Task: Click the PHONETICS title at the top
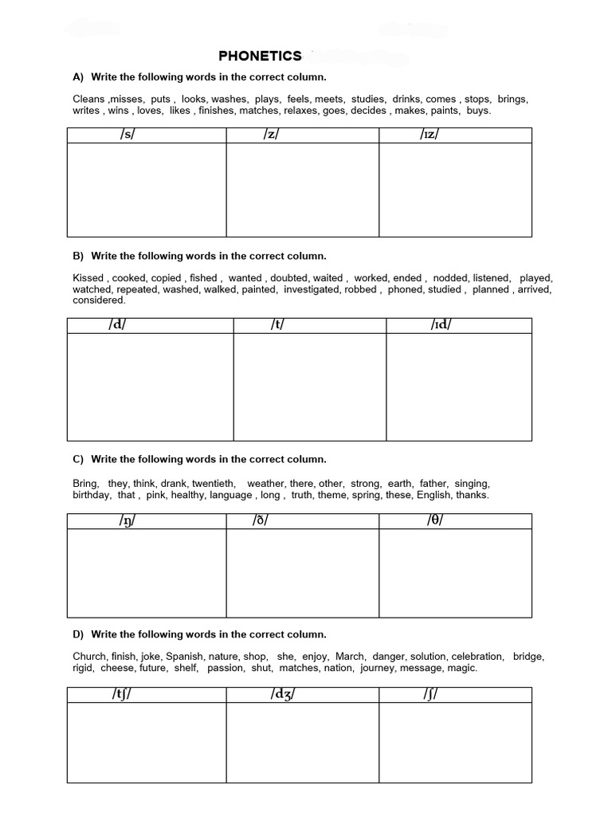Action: tap(261, 56)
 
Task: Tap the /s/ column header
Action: tap(127, 135)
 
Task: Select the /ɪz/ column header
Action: tap(430, 135)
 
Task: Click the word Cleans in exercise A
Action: tap(88, 99)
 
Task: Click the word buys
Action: tap(478, 111)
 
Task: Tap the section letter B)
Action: tap(78, 256)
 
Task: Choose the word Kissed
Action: tap(88, 278)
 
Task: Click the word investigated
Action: tap(312, 289)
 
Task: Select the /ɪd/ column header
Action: tap(440, 325)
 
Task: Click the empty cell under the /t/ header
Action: tap(309, 386)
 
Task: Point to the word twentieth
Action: tap(214, 484)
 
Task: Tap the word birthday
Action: tap(92, 495)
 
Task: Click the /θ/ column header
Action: tap(434, 521)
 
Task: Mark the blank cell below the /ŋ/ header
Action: tap(147, 573)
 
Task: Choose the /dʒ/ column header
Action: tap(283, 696)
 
